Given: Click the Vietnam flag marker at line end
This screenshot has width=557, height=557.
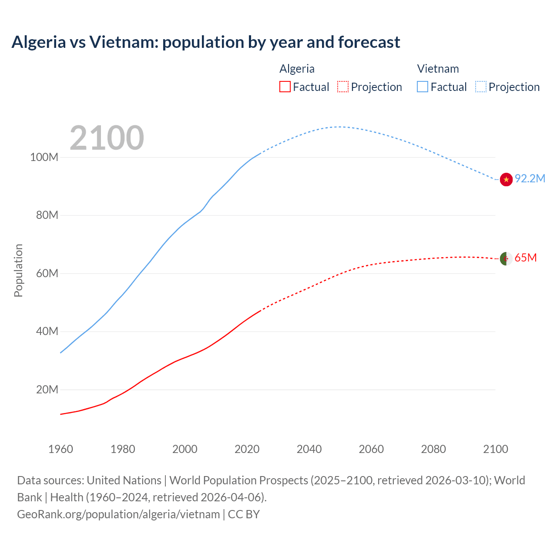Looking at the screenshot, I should tap(506, 179).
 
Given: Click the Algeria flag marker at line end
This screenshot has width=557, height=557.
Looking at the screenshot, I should tap(506, 258).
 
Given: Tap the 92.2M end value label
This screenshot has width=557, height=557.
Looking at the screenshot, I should tap(530, 179).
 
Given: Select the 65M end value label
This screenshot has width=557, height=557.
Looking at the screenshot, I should tap(525, 258).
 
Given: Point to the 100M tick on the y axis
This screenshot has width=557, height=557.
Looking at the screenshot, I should tap(44, 157).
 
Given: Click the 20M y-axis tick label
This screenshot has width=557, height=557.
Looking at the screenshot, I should tap(47, 389).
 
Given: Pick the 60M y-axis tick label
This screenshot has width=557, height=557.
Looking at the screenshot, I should tap(47, 273).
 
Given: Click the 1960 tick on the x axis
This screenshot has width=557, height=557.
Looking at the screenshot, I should tap(60, 449).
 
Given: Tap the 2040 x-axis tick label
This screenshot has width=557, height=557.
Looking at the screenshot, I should tap(309, 449).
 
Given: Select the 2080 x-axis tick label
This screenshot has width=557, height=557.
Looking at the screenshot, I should tap(433, 449).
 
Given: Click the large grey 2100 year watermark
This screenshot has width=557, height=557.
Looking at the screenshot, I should tap(107, 138).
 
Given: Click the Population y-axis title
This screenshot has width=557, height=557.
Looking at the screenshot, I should tap(18, 270).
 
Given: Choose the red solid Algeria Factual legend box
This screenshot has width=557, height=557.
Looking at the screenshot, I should tap(285, 87).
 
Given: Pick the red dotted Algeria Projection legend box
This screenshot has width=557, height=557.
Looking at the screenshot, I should tap(343, 87).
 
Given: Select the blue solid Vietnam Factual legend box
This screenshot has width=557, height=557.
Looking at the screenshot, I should tap(422, 87).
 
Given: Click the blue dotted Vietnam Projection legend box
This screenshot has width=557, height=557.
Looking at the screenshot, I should tap(480, 87).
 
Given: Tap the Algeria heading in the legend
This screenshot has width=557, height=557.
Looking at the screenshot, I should tap(297, 69).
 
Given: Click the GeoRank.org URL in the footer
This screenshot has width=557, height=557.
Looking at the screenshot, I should tap(118, 514).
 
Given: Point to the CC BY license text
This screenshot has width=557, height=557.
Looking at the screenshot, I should tap(244, 514).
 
